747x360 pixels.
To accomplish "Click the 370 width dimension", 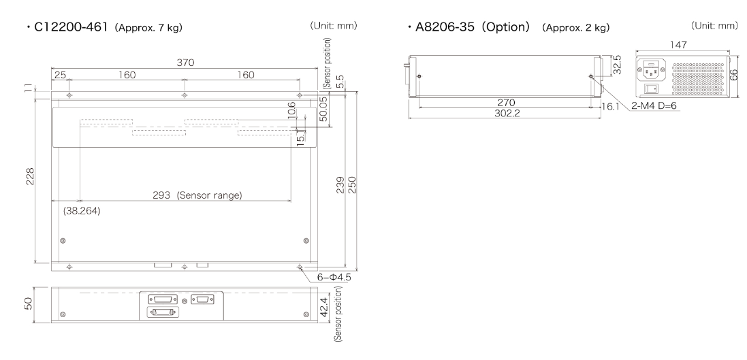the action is point(185,63).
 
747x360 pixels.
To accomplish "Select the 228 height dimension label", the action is point(29,176).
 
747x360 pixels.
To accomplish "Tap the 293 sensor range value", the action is point(161,195).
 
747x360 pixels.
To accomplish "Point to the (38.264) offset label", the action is point(82,210).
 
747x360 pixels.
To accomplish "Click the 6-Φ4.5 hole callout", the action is point(334,277).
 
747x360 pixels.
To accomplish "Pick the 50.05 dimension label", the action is point(323,110).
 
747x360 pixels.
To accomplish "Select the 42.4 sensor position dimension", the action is point(324,308).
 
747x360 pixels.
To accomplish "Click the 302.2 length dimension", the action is point(507,114).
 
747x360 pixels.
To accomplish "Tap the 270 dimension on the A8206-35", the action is point(506,102).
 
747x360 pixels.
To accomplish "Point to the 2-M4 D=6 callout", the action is point(654,105).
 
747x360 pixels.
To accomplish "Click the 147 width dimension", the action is point(678,45).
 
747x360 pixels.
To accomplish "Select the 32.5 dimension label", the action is point(617,64).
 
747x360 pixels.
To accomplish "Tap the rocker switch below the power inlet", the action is point(651,88).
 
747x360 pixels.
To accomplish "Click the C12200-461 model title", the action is point(71,27).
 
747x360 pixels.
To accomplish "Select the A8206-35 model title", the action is point(445,27).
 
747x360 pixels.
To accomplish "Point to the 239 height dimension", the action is point(340,184).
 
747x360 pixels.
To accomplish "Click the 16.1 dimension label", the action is point(610,106).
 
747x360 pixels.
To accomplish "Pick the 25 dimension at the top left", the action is point(60,75).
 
